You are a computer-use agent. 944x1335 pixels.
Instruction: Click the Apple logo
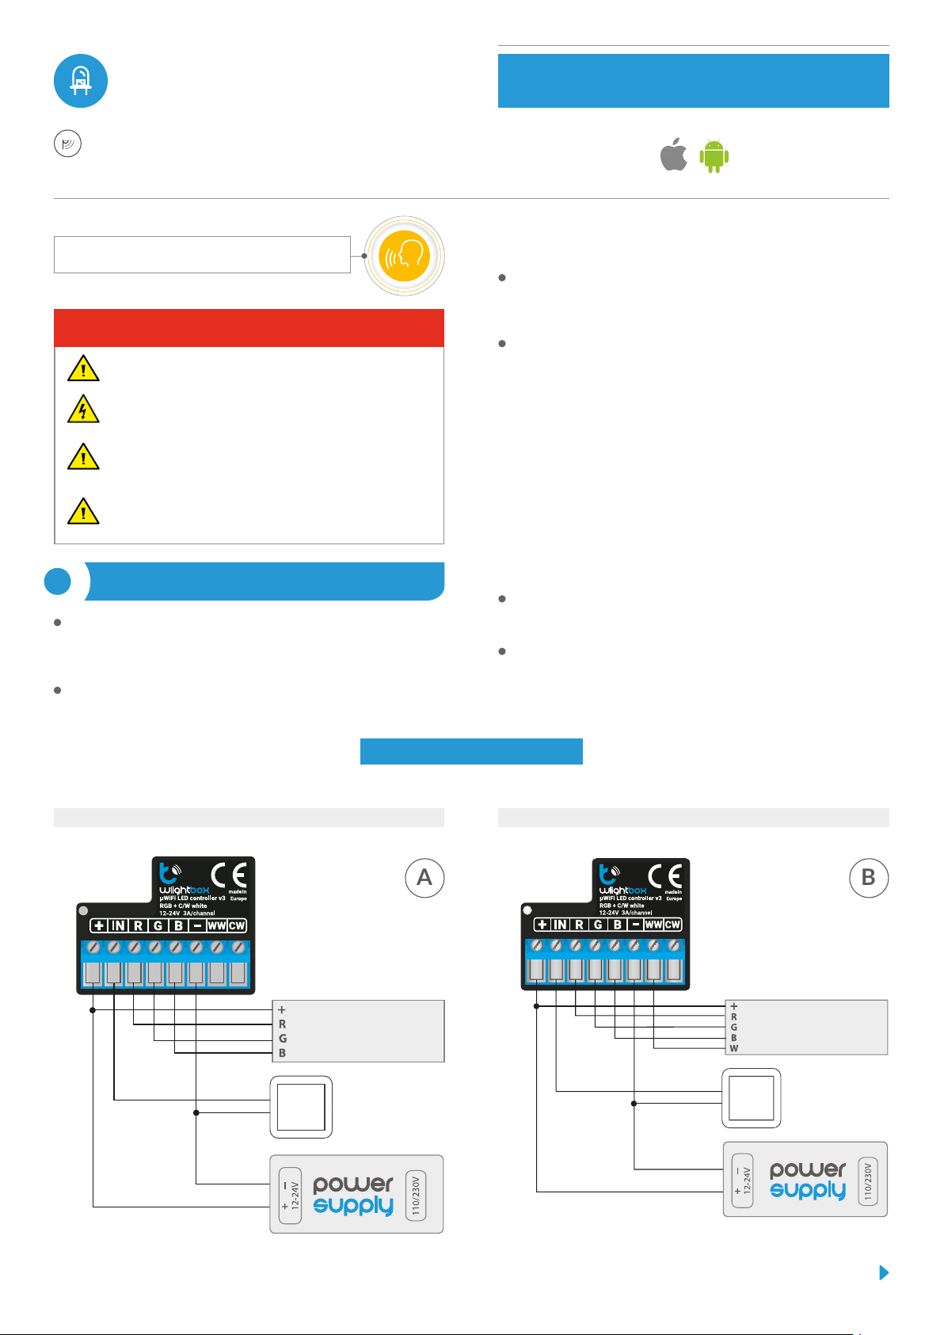point(674,155)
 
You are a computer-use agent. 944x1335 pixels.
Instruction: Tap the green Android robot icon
point(714,156)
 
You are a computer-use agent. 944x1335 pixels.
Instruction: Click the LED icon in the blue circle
point(81,81)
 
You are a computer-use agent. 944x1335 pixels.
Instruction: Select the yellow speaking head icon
point(405,256)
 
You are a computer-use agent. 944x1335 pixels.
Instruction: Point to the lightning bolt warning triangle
point(83,410)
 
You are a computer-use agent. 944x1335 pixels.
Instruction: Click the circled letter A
point(424,878)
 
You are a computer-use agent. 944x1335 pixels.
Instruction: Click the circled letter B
point(869,878)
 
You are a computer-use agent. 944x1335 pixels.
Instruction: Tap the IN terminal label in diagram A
point(118,925)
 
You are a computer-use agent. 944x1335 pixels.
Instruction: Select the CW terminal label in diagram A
point(237,925)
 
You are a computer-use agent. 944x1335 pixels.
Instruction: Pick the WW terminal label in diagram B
point(653,925)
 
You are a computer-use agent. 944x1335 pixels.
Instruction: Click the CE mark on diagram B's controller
point(665,875)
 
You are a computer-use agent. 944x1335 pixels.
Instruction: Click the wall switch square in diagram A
point(301,1107)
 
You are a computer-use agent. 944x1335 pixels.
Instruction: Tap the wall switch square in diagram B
point(751,1098)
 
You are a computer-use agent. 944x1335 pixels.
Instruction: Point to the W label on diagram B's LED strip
point(734,1048)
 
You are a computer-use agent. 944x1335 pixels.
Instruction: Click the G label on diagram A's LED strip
point(283,1039)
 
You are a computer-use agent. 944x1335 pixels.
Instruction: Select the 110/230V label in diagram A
point(416,1195)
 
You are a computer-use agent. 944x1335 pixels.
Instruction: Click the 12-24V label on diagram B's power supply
point(747,1180)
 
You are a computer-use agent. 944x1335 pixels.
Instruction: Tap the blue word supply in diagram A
point(353,1206)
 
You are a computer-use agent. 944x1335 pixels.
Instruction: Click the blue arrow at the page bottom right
point(885,1272)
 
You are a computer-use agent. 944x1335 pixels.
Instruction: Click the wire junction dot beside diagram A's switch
point(196,1112)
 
